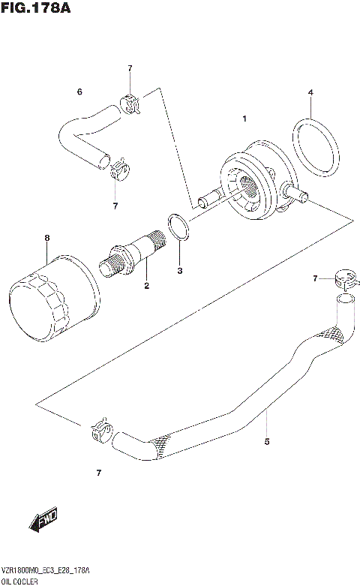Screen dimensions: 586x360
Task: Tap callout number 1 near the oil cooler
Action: point(244,119)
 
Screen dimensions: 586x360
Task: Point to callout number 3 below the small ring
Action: point(310,93)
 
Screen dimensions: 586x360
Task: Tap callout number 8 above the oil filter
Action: point(46,239)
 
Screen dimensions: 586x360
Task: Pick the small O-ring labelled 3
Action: point(177,226)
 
